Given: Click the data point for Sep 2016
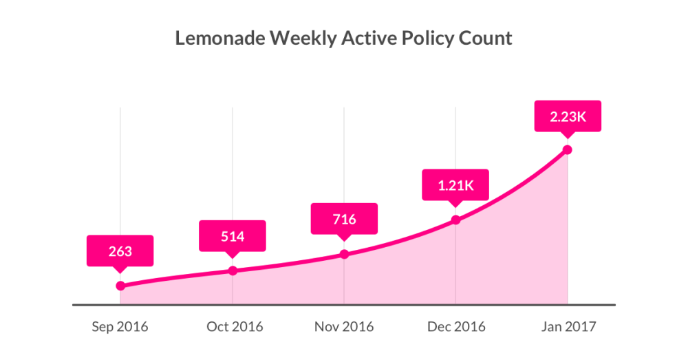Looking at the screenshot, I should coord(120,286).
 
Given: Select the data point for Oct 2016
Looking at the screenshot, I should coord(233,271).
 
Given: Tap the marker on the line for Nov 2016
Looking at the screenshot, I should coord(344,254).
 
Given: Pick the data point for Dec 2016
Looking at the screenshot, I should coord(455,220).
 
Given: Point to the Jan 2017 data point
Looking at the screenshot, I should coord(568,149).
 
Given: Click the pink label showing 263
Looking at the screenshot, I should coord(120,251).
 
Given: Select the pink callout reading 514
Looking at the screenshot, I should coord(233,236).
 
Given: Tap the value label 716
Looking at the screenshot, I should coord(344,220).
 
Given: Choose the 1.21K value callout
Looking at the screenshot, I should coord(455,186).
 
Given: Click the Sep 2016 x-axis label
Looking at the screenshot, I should coord(120,326).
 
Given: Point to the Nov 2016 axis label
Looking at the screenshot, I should coord(344,326).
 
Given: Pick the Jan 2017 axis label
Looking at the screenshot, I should coord(568,326).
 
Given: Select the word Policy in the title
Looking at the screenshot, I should coord(426,38).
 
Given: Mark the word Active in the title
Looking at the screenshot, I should coord(365,38).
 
